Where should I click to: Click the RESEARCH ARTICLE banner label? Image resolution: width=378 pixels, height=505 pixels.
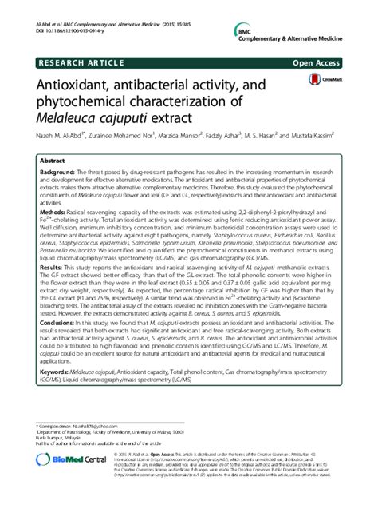tap(71, 61)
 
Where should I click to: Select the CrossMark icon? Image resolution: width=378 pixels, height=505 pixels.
tap(319, 83)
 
